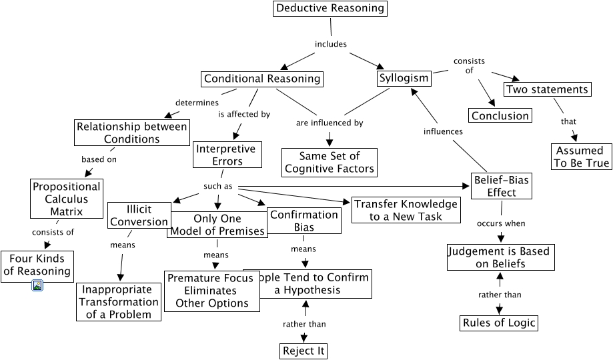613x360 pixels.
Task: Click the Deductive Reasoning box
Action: coord(330,9)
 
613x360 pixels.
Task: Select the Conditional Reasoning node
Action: coord(262,79)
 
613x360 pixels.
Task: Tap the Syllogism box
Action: coord(404,78)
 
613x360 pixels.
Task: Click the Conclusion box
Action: coord(500,116)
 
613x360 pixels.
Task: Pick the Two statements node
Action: coord(547,89)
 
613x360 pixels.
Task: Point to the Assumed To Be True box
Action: coord(579,157)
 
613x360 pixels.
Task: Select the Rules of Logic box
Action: coord(499,323)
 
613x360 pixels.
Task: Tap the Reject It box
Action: coord(304,351)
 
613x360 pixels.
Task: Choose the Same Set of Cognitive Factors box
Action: coord(330,163)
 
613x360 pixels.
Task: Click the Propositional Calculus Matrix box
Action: coord(66,199)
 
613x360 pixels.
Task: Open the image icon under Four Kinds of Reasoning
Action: coord(37,285)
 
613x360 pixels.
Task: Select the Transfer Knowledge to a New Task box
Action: coord(406,210)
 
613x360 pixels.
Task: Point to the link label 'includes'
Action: coord(331,45)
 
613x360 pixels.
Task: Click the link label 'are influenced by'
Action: coord(330,123)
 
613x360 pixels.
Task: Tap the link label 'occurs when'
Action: coord(500,223)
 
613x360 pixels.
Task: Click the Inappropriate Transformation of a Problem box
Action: coord(119,302)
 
